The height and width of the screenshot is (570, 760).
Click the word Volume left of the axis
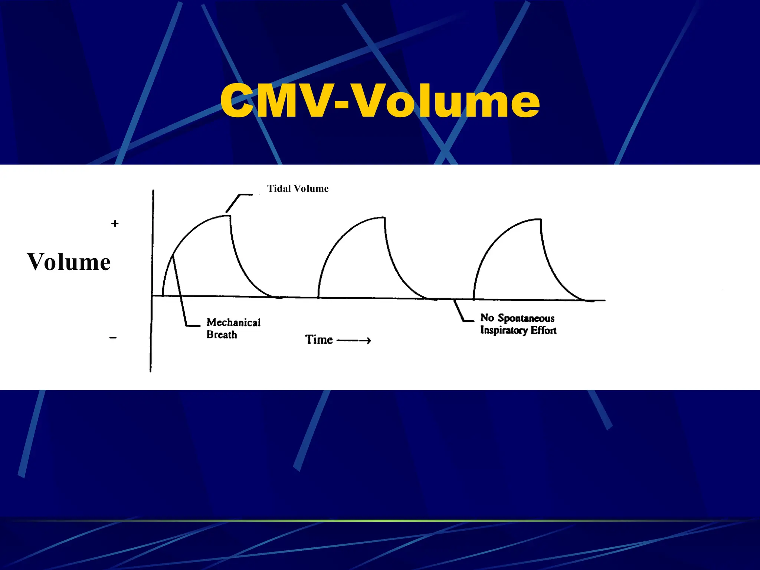69,262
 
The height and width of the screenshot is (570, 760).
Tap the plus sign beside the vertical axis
115,223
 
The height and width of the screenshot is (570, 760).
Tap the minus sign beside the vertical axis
113,338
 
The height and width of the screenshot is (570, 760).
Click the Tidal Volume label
298,189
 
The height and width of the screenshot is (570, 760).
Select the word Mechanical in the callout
233,322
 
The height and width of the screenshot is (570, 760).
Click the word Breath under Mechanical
222,334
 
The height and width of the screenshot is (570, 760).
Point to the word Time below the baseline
319,340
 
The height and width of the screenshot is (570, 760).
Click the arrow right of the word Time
354,341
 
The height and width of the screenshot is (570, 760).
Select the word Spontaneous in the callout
526,318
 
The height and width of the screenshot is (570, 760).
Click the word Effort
544,330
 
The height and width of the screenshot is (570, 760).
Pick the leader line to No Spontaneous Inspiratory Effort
460,312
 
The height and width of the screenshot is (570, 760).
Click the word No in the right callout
487,318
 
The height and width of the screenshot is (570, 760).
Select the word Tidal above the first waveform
279,189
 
